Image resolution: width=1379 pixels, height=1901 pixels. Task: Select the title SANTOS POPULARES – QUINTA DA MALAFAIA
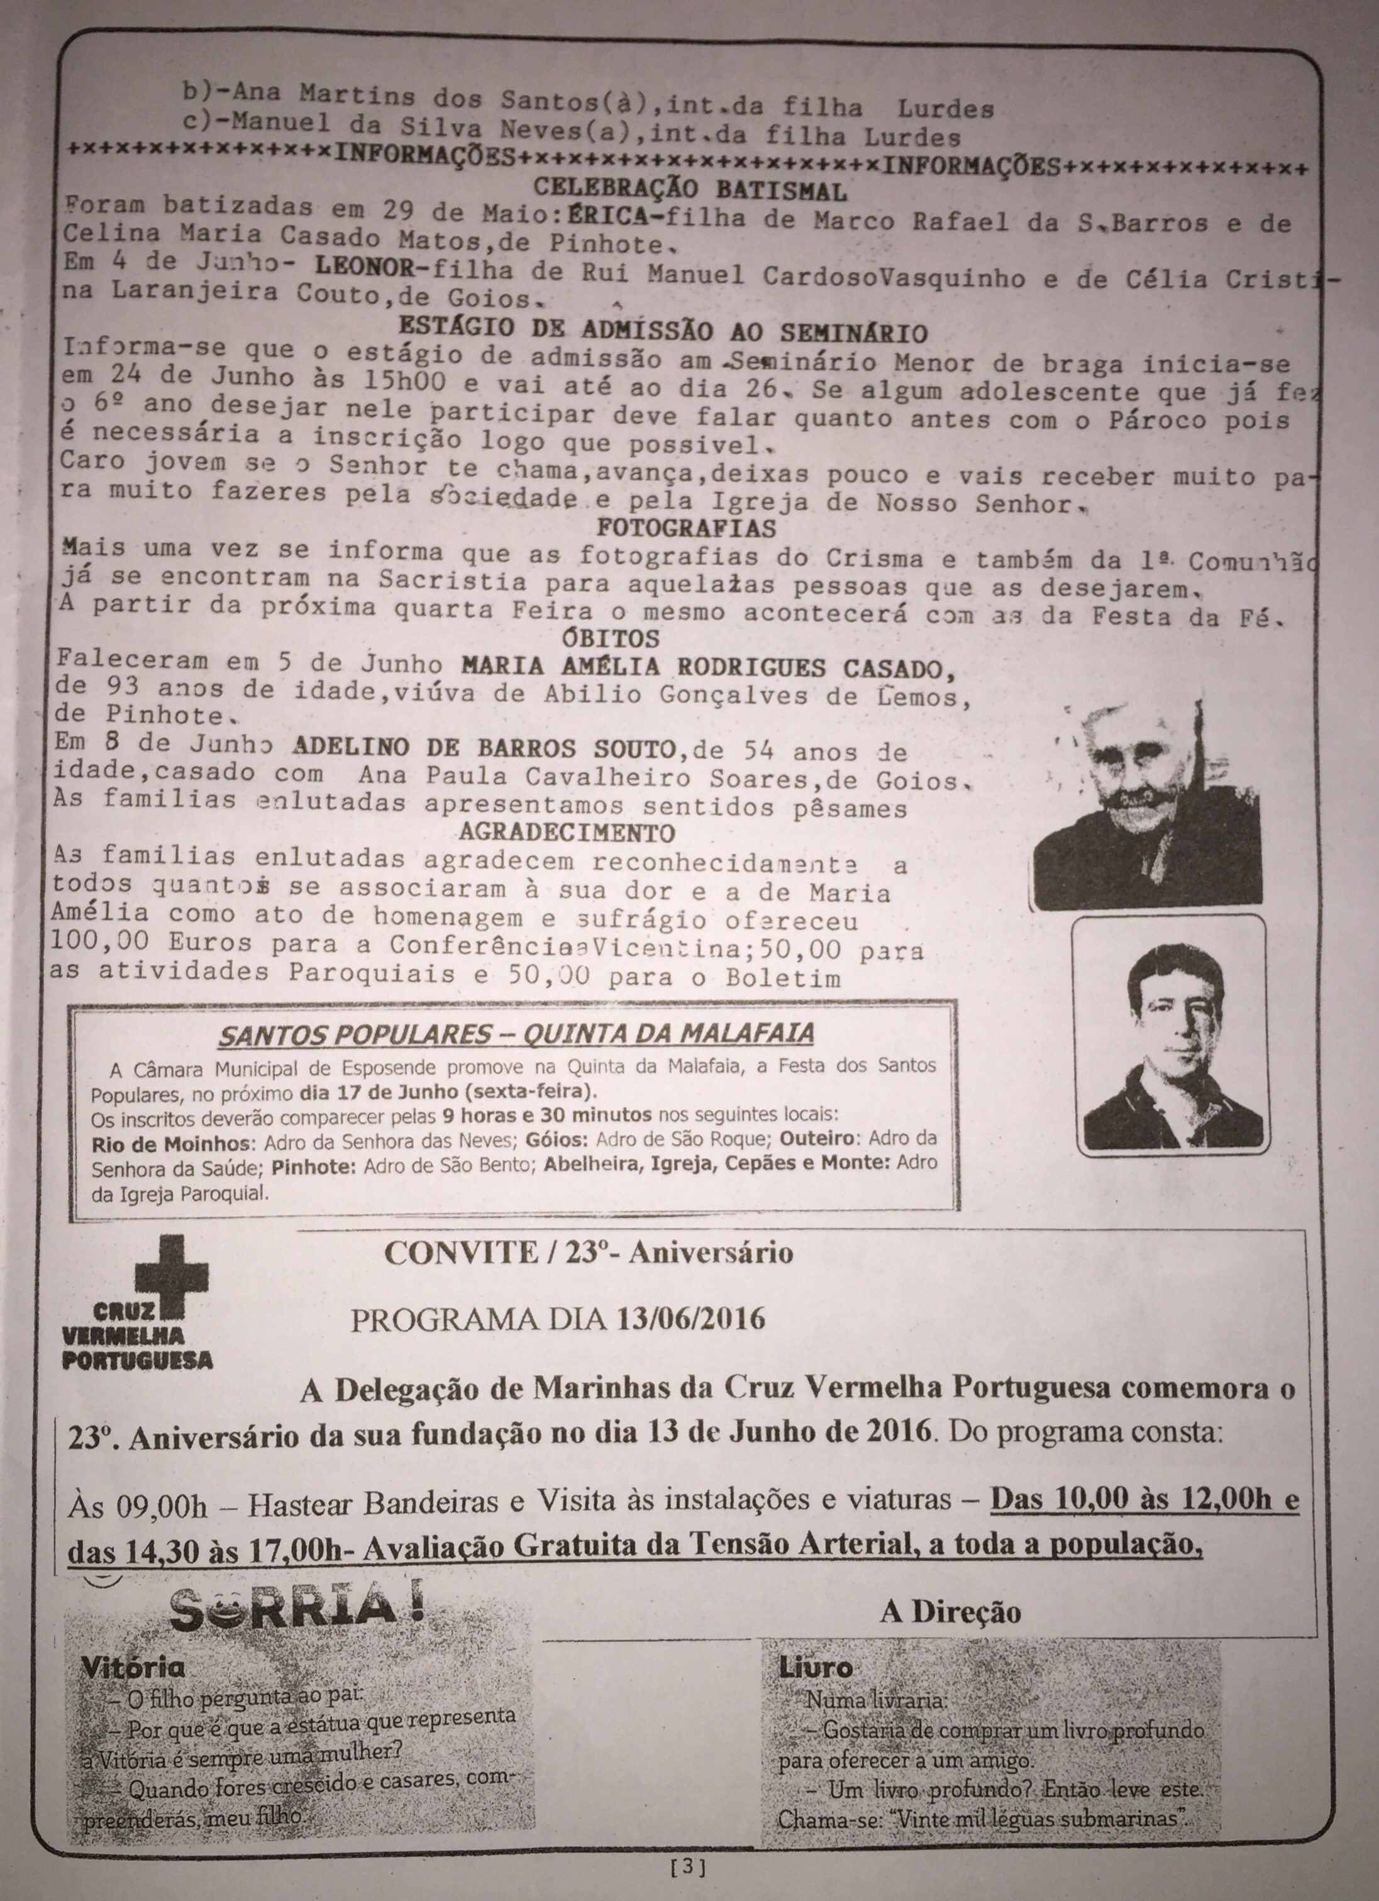pyautogui.click(x=516, y=1033)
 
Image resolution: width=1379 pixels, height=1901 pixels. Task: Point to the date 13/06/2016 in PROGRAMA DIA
pyautogui.click(x=690, y=1319)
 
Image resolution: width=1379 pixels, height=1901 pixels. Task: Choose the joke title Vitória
pyautogui.click(x=133, y=1668)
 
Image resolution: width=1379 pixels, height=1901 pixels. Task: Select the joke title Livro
pyautogui.click(x=815, y=1667)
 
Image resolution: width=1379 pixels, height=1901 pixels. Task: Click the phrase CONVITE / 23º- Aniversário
pyautogui.click(x=589, y=1252)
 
